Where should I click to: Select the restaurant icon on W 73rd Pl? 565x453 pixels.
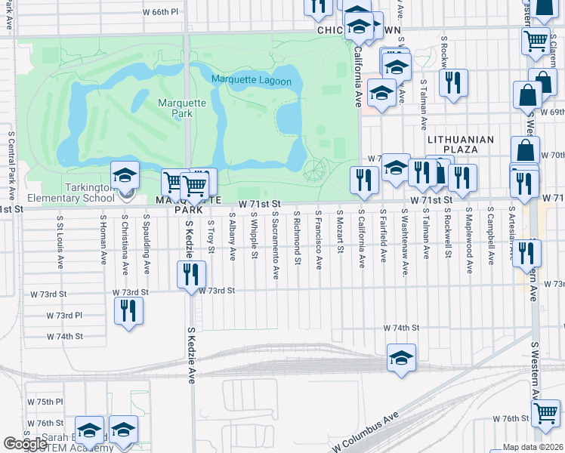pyautogui.click(x=128, y=310)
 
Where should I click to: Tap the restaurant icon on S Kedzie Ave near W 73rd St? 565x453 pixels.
pyautogui.click(x=192, y=274)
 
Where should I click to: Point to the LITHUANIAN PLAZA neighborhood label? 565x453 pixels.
pyautogui.click(x=460, y=145)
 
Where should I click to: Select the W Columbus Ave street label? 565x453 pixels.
pyautogui.click(x=364, y=433)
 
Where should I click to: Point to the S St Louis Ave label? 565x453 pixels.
pyautogui.click(x=60, y=241)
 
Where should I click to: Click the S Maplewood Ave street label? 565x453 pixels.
pyautogui.click(x=469, y=241)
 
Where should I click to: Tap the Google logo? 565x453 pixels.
pyautogui.click(x=25, y=444)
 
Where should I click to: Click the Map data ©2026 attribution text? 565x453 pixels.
pyautogui.click(x=533, y=447)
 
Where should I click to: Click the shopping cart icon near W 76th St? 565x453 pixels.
pyautogui.click(x=545, y=413)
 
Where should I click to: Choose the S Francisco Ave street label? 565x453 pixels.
pyautogui.click(x=320, y=241)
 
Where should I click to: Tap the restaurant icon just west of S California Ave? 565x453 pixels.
pyautogui.click(x=364, y=179)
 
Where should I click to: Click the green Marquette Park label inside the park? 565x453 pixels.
pyautogui.click(x=175, y=108)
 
